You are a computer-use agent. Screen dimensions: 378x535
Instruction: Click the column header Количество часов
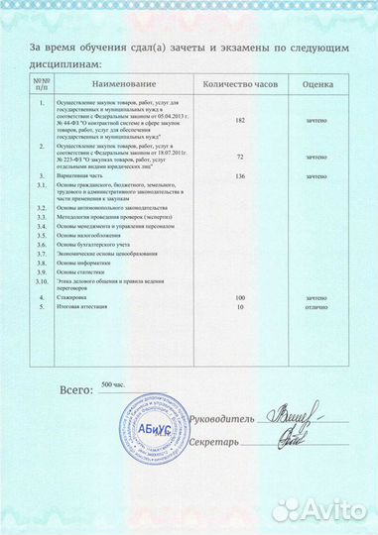(238, 86)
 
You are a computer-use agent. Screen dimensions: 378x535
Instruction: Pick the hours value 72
(239, 158)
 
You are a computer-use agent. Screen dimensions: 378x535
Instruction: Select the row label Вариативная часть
(81, 176)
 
